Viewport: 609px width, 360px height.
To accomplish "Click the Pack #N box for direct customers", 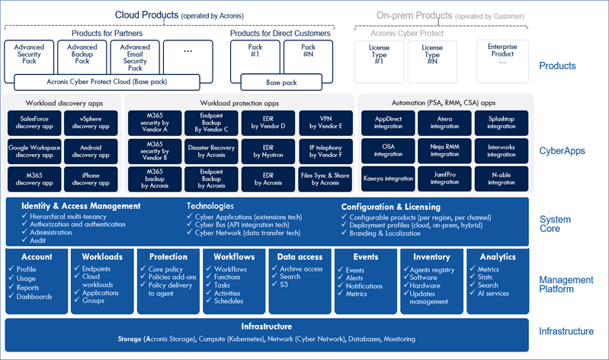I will click(x=307, y=56).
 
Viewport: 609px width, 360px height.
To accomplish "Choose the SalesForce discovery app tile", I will click(x=30, y=123).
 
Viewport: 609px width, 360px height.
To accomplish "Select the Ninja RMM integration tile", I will click(x=444, y=151).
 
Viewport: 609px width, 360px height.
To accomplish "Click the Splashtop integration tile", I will click(x=502, y=123).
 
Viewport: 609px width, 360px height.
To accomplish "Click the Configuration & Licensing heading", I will click(x=390, y=206).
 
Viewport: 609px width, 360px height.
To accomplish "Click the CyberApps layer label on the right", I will click(x=562, y=151).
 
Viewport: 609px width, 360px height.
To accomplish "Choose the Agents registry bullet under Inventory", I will click(x=436, y=269).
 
